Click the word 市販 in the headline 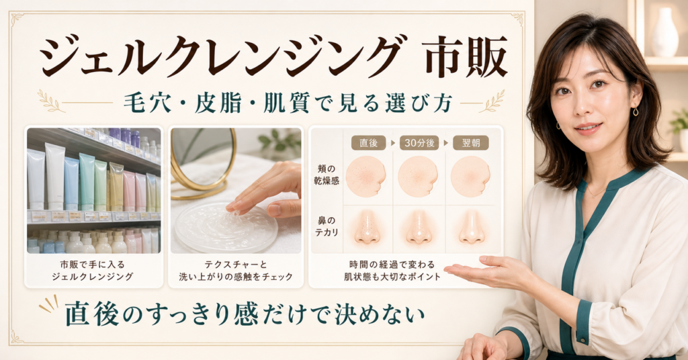pyautogui.click(x=466, y=57)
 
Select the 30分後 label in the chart pyautogui.click(x=419, y=143)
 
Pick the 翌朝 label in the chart pyautogui.click(x=471, y=143)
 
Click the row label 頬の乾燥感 pyautogui.click(x=327, y=174)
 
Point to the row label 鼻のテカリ pyautogui.click(x=327, y=226)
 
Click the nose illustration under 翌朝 pyautogui.click(x=472, y=226)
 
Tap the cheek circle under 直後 pyautogui.click(x=366, y=176)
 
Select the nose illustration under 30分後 pyautogui.click(x=419, y=226)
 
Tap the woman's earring pyautogui.click(x=636, y=111)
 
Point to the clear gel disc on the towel pyautogui.click(x=226, y=227)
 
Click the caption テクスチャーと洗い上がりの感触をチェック pyautogui.click(x=236, y=271)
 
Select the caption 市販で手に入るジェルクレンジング pyautogui.click(x=93, y=271)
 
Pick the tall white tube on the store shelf pyautogui.click(x=55, y=177)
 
